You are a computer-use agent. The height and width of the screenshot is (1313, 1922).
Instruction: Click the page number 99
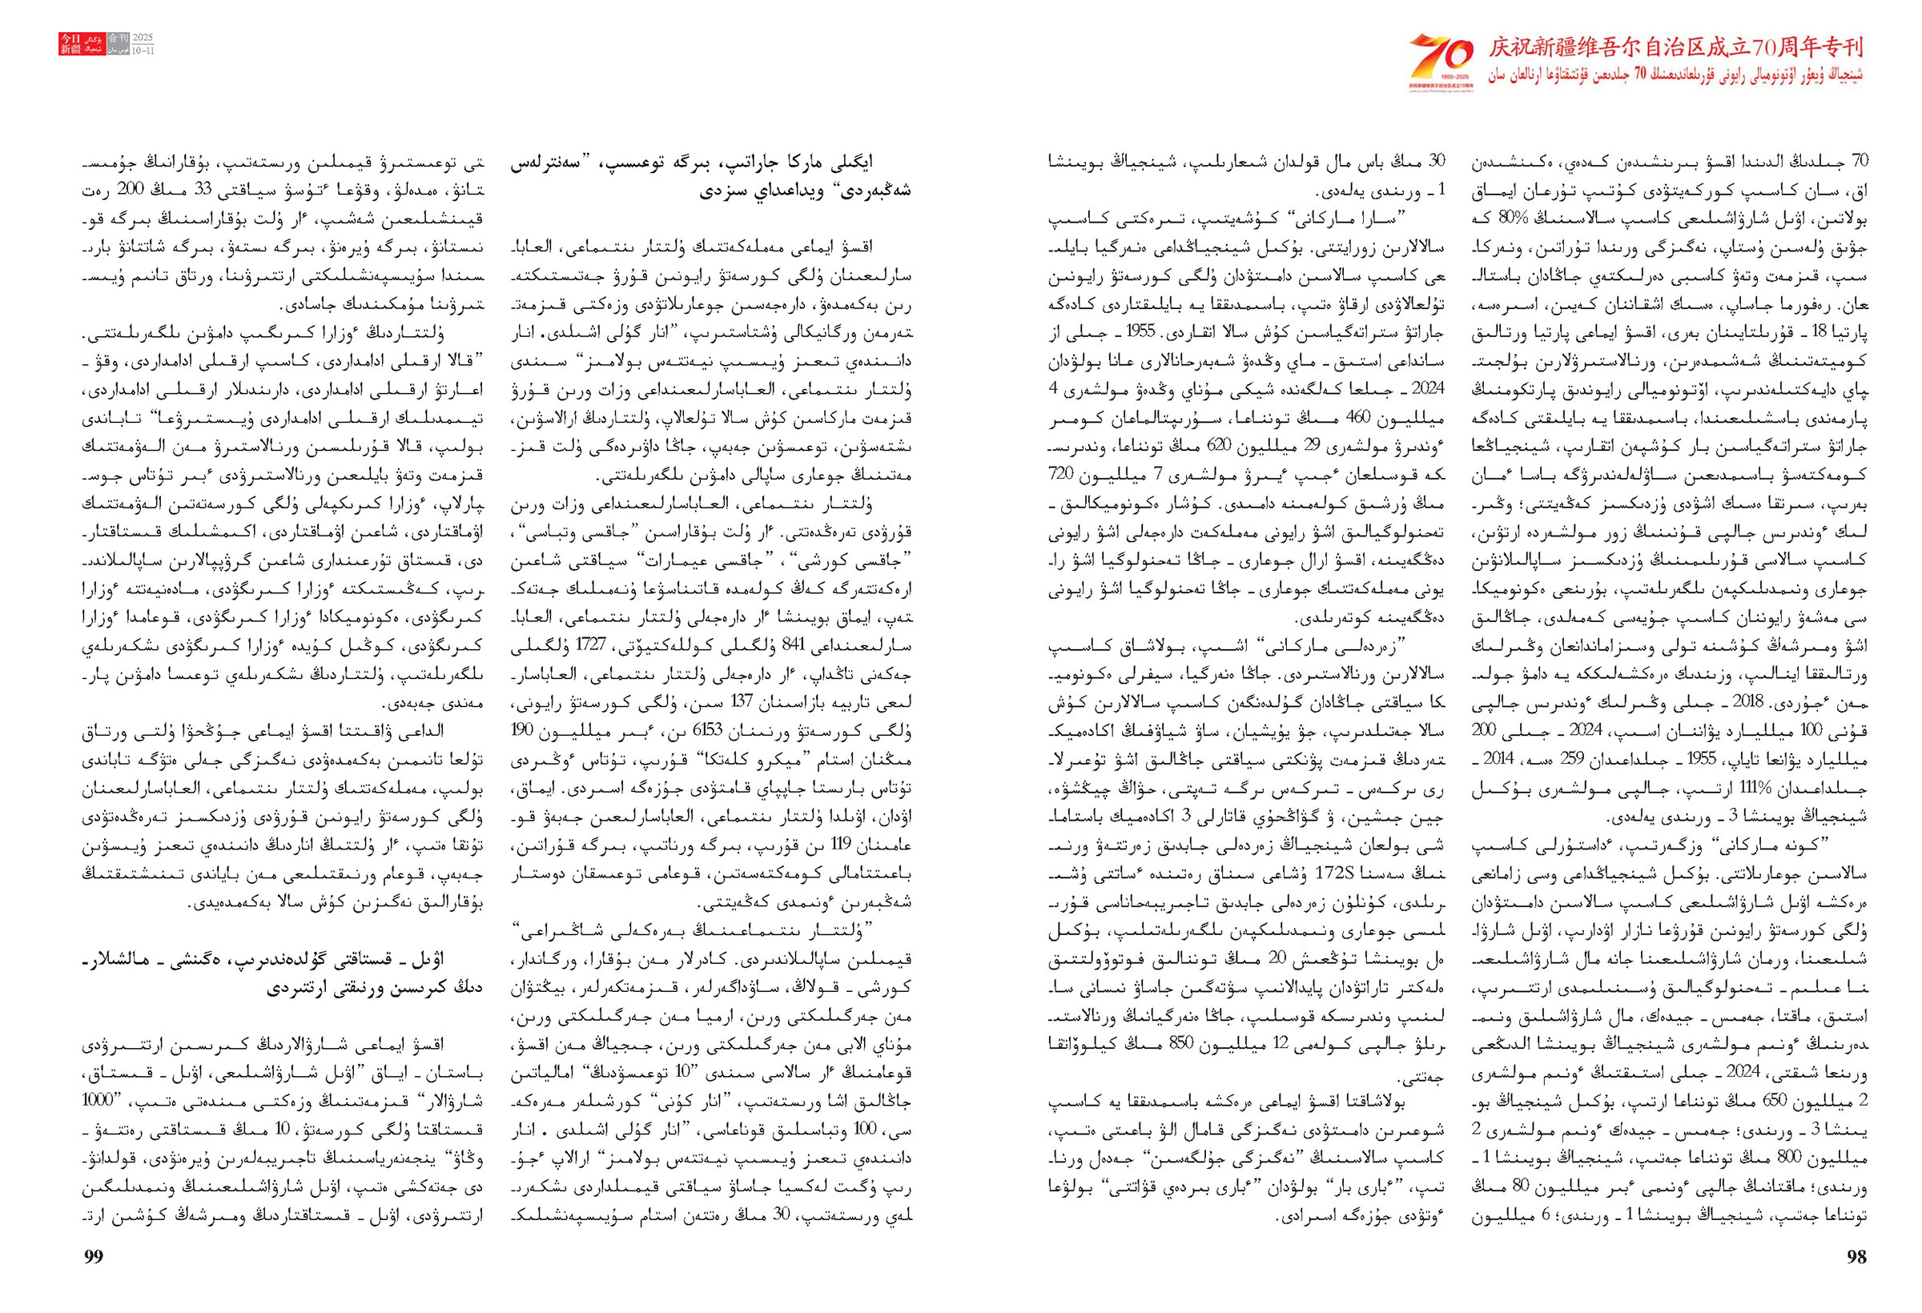click(94, 1257)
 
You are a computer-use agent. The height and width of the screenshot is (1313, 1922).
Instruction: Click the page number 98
click(1856, 1257)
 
